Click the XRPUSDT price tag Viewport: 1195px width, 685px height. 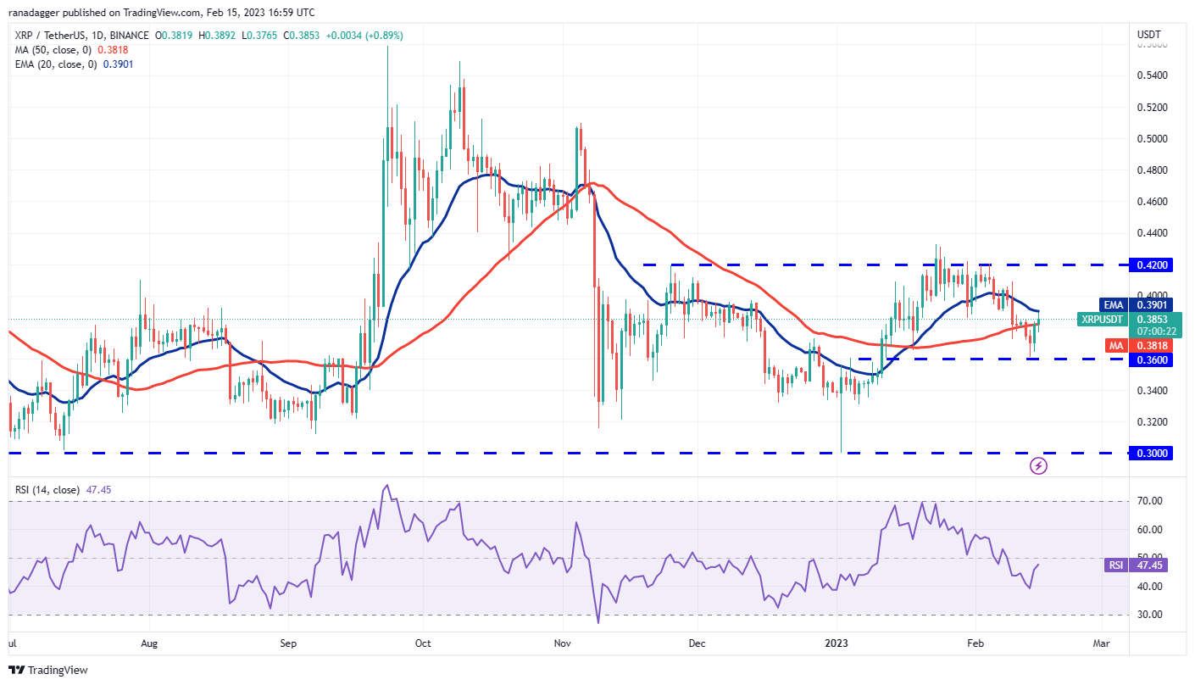click(1102, 319)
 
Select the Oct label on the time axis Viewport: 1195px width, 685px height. click(423, 643)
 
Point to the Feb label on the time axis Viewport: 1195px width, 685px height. click(975, 643)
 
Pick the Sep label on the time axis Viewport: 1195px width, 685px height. click(287, 643)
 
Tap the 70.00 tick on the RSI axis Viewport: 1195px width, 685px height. click(1148, 501)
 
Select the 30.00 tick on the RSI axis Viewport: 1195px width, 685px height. click(1148, 615)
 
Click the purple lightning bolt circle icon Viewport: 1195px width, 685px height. click(1038, 465)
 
